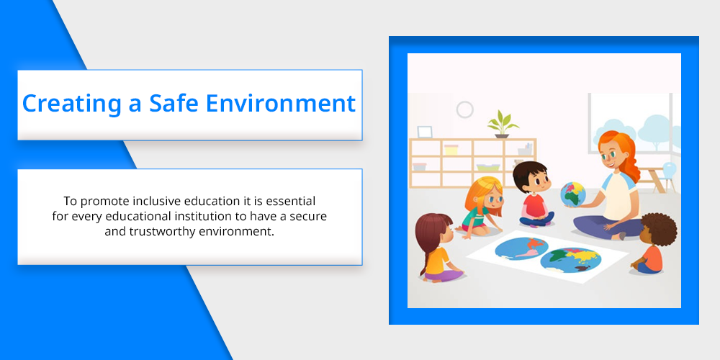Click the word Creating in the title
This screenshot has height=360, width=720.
(71, 104)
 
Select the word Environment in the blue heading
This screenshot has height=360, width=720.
(281, 103)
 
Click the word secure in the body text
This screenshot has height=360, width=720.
(308, 216)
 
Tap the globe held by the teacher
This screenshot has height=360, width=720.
(572, 194)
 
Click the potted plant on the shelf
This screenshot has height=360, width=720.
(503, 124)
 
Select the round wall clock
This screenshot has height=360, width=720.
(464, 109)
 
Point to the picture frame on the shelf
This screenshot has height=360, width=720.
(425, 132)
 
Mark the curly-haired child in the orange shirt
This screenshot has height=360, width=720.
(654, 243)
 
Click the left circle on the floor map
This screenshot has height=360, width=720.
(521, 248)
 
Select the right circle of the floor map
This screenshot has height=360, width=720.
(571, 260)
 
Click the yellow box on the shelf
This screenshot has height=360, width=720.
(451, 149)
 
